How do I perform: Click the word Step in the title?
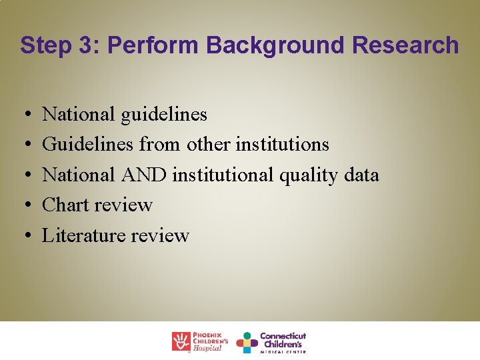point(42,46)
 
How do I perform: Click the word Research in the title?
point(406,45)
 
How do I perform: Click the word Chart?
point(65,205)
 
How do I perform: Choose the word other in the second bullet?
point(207,145)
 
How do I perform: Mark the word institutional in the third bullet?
point(223,175)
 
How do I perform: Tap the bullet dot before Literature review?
point(25,236)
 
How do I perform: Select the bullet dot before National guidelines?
point(25,115)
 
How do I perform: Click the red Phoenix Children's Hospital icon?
point(181,341)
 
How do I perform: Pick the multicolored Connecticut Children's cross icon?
point(247,342)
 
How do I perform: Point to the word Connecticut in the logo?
point(283,335)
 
